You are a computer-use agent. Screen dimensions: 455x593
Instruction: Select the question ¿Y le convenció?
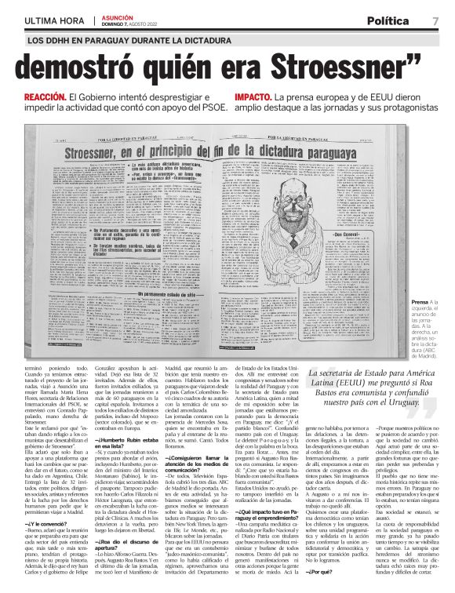[46, 522]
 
